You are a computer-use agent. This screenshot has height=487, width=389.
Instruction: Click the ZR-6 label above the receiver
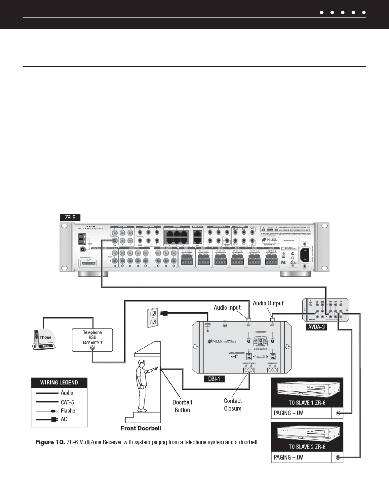tap(70, 217)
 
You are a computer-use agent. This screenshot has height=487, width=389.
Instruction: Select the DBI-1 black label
tap(214, 378)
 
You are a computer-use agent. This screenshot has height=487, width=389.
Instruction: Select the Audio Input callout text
tap(227, 308)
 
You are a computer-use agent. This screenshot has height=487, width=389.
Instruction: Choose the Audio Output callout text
tap(268, 303)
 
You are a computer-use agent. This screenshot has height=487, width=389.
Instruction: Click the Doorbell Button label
tap(182, 406)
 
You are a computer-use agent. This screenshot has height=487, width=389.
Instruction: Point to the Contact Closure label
tap(233, 405)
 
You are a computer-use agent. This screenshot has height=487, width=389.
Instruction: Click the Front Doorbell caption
tap(141, 428)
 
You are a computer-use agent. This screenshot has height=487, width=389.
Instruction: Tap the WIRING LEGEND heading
tap(59, 382)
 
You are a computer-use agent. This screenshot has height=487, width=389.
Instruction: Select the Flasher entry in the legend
tap(69, 411)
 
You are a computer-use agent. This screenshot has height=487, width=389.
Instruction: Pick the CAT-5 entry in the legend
tap(67, 402)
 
